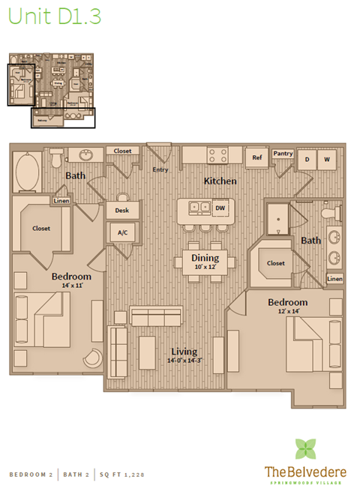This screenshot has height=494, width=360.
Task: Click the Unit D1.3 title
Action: (x=54, y=16)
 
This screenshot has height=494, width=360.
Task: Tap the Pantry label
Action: (x=283, y=153)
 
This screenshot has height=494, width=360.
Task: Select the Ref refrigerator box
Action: (x=256, y=158)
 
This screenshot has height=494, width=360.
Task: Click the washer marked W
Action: (x=327, y=160)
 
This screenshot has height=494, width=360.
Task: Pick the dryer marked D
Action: (x=307, y=160)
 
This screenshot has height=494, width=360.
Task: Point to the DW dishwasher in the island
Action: (x=220, y=208)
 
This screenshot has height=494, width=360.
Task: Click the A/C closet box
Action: (x=121, y=233)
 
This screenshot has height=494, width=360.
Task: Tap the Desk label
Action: (x=121, y=211)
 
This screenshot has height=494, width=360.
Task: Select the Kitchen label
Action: (x=220, y=181)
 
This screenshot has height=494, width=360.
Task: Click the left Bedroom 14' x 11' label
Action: (x=71, y=280)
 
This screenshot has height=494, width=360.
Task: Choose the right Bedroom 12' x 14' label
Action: (x=288, y=306)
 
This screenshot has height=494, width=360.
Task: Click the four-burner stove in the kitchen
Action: (x=217, y=155)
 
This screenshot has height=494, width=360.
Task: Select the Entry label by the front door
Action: (x=160, y=169)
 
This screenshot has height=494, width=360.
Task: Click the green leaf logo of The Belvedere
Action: (x=305, y=448)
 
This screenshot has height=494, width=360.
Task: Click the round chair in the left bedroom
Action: (x=91, y=360)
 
